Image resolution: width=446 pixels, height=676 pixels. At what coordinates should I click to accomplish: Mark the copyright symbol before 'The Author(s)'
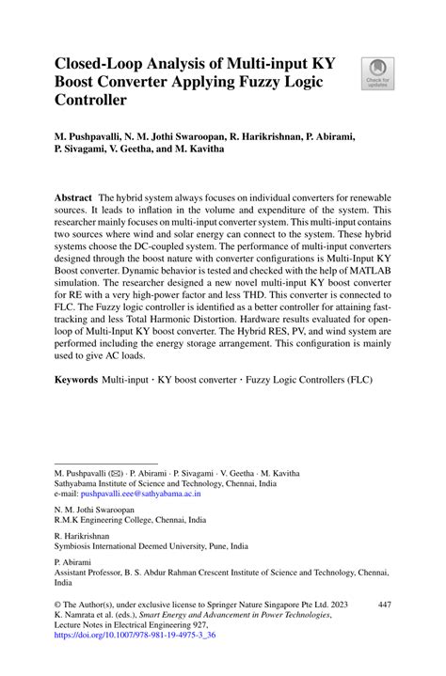click(x=57, y=603)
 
